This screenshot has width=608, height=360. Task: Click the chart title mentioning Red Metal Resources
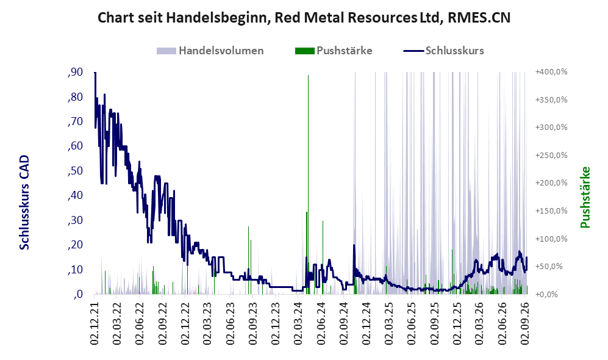(x=304, y=18)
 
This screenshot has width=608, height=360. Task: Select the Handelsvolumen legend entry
(x=210, y=51)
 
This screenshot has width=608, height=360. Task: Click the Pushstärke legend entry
(x=334, y=51)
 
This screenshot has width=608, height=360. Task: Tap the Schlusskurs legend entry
(x=443, y=51)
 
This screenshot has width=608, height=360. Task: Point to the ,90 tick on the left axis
(x=75, y=72)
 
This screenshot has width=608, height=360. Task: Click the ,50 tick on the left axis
(x=75, y=171)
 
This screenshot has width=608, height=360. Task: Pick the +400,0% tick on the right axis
(x=551, y=72)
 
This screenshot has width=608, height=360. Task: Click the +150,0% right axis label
(x=551, y=211)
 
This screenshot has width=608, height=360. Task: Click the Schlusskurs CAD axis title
(x=24, y=202)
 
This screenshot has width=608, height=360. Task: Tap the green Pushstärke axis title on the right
(x=585, y=197)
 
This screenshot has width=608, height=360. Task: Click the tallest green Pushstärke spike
(x=308, y=184)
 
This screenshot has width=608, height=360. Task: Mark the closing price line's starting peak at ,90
(x=95, y=73)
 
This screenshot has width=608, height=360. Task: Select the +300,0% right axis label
(x=551, y=128)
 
